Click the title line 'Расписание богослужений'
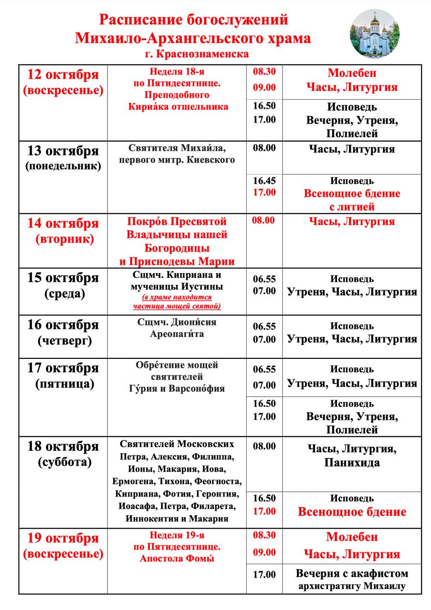[x=193, y=20]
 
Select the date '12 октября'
[x=63, y=75]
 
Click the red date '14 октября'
[x=63, y=223]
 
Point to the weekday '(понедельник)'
[x=63, y=166]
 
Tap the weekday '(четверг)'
[x=63, y=341]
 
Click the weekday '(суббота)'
[x=63, y=462]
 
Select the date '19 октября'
[x=63, y=539]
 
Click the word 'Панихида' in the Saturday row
[x=352, y=462]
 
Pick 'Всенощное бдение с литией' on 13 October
[x=352, y=200]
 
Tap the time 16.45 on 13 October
[x=264, y=181]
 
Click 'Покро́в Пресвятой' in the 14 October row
[x=177, y=222]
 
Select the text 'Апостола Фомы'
[x=177, y=559]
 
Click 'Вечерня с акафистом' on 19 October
[x=352, y=573]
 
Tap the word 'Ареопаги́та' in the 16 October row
[x=177, y=334]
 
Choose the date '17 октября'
[x=63, y=368]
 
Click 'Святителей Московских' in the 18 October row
[x=177, y=444]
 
